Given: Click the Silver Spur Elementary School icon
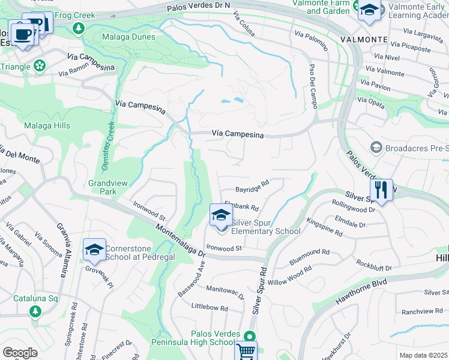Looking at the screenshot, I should [x=221, y=215].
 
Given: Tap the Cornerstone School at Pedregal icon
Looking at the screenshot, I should [x=94, y=250].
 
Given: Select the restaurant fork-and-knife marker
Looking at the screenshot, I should [x=381, y=190].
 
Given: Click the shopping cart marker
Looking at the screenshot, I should [x=246, y=352].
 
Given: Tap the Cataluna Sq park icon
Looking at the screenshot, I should [x=35, y=311].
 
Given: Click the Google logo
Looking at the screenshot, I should [x=20, y=352].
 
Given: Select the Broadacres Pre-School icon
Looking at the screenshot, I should [x=376, y=147].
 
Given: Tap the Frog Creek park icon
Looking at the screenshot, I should [x=78, y=28].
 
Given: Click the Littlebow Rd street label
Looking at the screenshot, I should [x=209, y=308].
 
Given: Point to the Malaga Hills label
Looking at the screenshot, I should [x=47, y=126].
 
